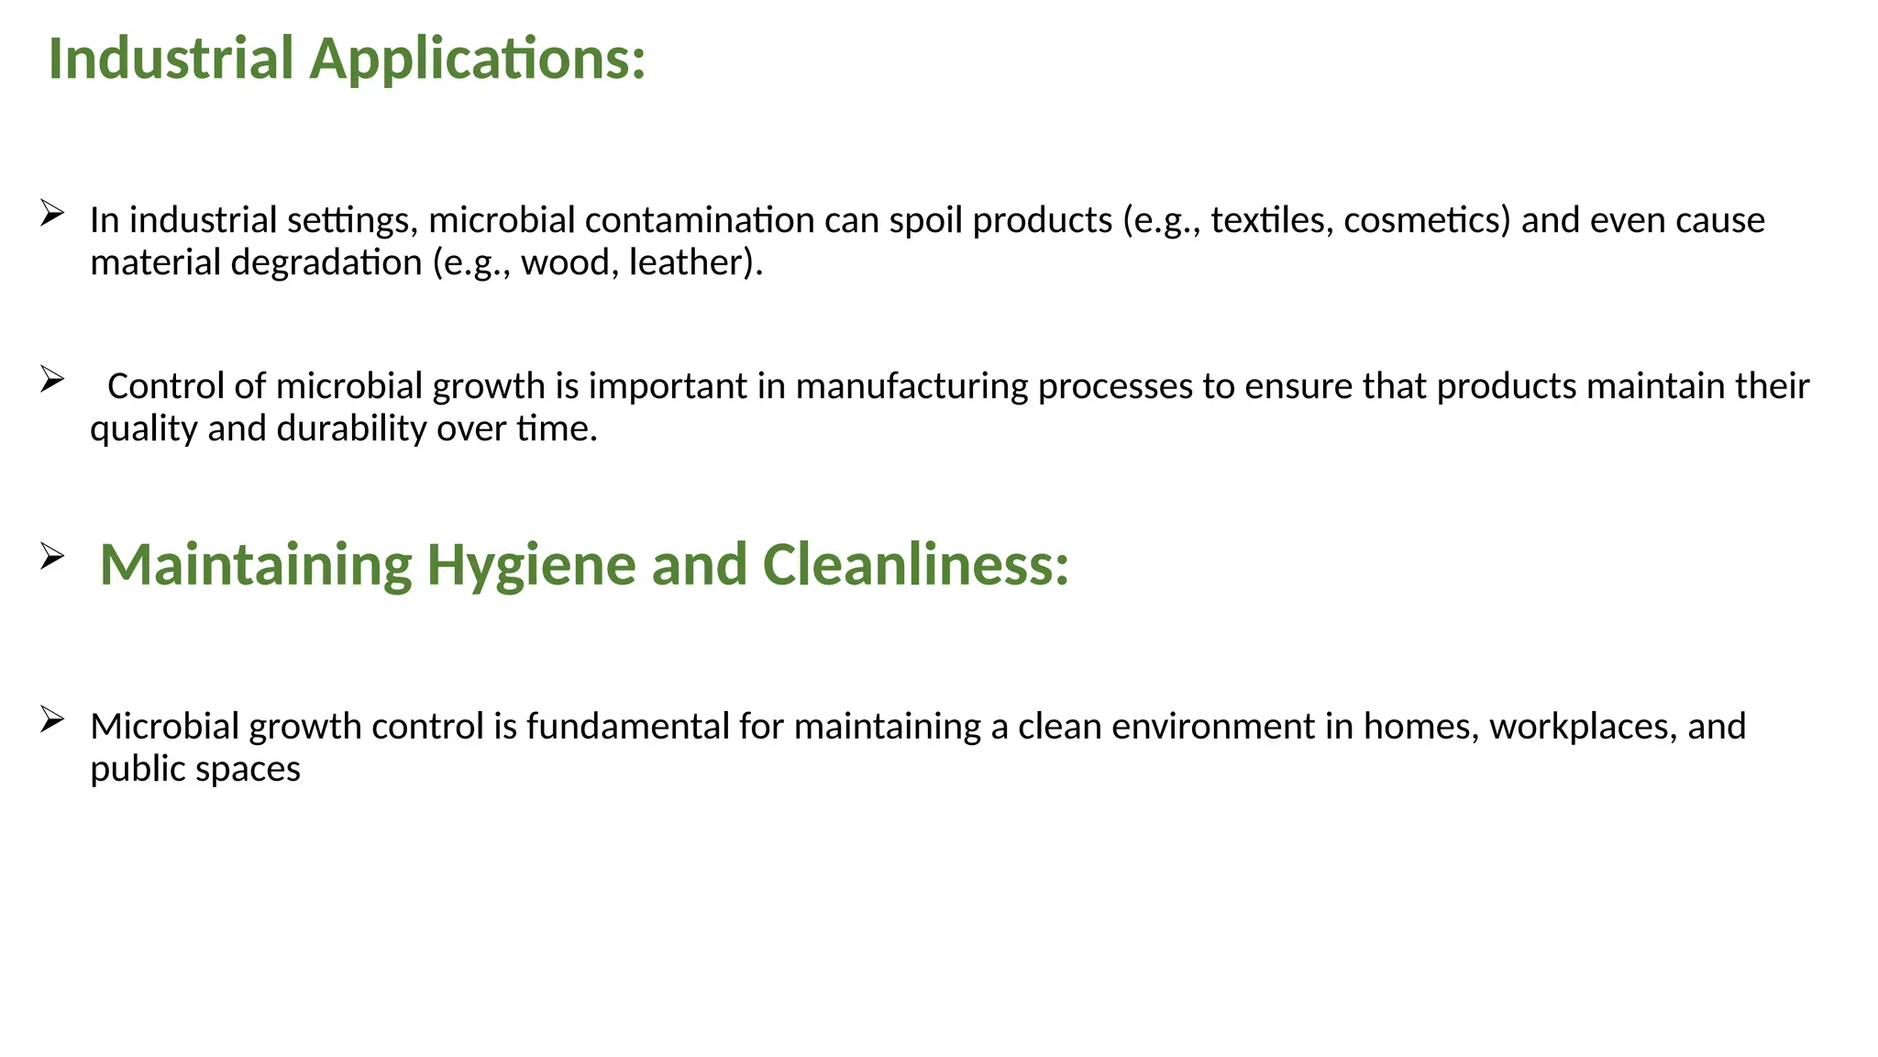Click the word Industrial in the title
[x=170, y=59]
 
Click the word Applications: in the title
[x=478, y=59]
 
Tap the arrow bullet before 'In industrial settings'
[x=51, y=214]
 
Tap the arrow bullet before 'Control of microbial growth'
[x=51, y=379]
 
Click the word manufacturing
[x=911, y=386]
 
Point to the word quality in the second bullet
[x=144, y=428]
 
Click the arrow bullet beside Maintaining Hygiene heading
[x=51, y=556]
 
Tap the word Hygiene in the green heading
[x=531, y=563]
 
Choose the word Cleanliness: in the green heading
[x=915, y=563]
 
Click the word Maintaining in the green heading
[x=256, y=563]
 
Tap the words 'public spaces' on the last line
[x=195, y=769]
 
